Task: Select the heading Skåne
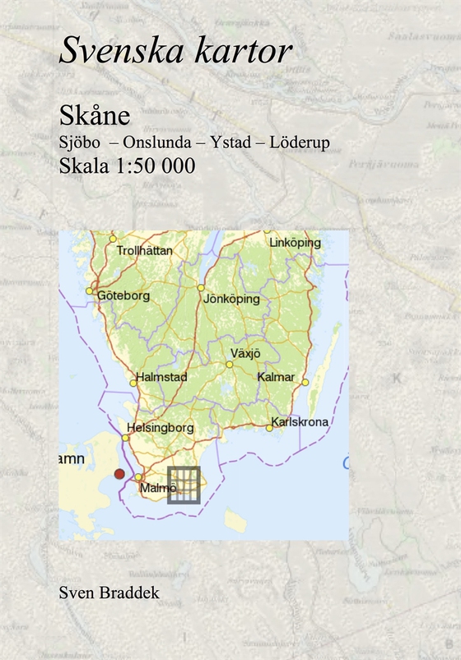pyautogui.click(x=90, y=116)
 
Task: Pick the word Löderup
pyautogui.click(x=300, y=142)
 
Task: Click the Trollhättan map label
pyautogui.click(x=145, y=250)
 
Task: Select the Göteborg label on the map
pyautogui.click(x=123, y=295)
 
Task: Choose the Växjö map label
pyautogui.click(x=245, y=353)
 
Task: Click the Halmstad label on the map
pyautogui.click(x=164, y=377)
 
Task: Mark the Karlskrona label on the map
pyautogui.click(x=300, y=422)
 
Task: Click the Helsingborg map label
pyautogui.click(x=161, y=428)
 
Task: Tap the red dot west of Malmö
pyautogui.click(x=119, y=474)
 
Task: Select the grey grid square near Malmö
pyautogui.click(x=184, y=485)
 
